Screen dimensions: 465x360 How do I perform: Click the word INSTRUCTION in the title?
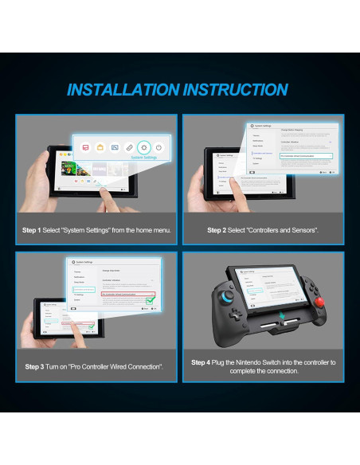[x=233, y=89]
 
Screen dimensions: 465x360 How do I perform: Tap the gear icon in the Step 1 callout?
[x=143, y=147]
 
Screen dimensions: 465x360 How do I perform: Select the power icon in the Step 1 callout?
[x=158, y=147]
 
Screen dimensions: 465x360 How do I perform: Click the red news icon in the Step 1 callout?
[x=85, y=147]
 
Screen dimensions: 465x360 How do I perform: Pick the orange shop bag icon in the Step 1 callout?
[x=100, y=147]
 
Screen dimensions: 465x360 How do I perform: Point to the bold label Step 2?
[x=217, y=230]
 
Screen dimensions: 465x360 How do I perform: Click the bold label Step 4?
[x=201, y=361]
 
